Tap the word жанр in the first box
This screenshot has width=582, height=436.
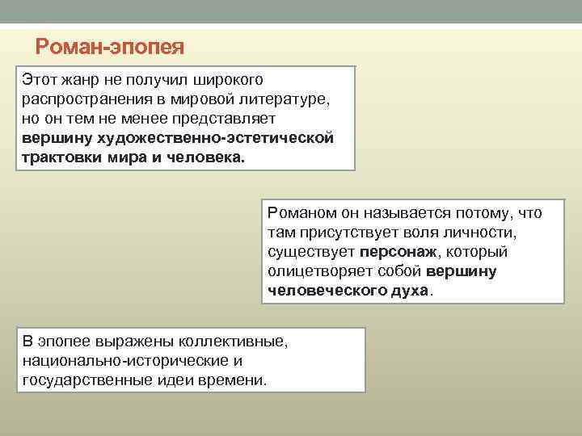coord(78,81)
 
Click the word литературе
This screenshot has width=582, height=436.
coord(284,99)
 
